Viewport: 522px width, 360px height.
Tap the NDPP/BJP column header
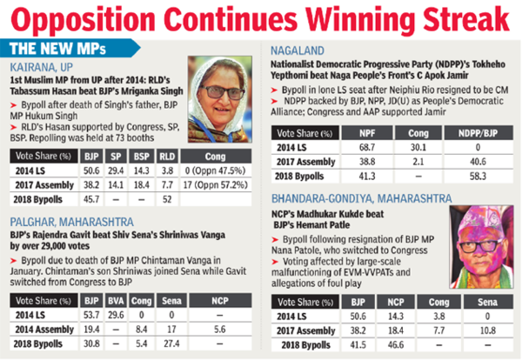478,132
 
